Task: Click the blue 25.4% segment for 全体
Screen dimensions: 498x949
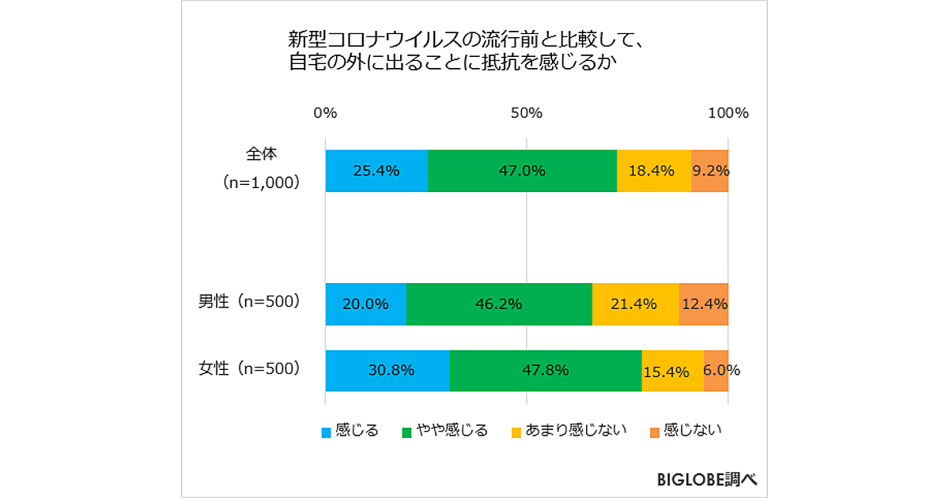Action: [376, 171]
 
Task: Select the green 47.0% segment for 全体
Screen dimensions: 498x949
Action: [522, 171]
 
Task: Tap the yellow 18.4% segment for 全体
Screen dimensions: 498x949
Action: [654, 171]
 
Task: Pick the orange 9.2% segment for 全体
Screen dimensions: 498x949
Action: [709, 171]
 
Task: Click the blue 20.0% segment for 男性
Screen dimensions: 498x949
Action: [365, 304]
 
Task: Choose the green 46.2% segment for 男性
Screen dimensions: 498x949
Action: [499, 304]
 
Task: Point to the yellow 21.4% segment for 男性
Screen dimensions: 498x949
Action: [635, 304]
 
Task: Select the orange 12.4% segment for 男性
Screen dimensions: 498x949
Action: [703, 304]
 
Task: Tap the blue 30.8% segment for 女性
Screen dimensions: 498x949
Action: [388, 371]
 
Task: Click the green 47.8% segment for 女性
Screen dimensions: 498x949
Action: [546, 371]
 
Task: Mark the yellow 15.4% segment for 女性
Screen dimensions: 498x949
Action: [672, 371]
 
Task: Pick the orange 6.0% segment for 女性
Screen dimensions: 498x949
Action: [716, 371]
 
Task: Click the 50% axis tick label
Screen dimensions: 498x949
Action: [527, 113]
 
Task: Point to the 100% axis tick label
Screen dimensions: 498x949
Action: [728, 113]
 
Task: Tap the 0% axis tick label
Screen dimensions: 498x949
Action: [325, 113]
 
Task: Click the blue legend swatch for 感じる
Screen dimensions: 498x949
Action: [327, 432]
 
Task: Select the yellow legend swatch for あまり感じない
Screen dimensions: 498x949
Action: [516, 432]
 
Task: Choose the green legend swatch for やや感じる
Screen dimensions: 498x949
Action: [408, 432]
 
